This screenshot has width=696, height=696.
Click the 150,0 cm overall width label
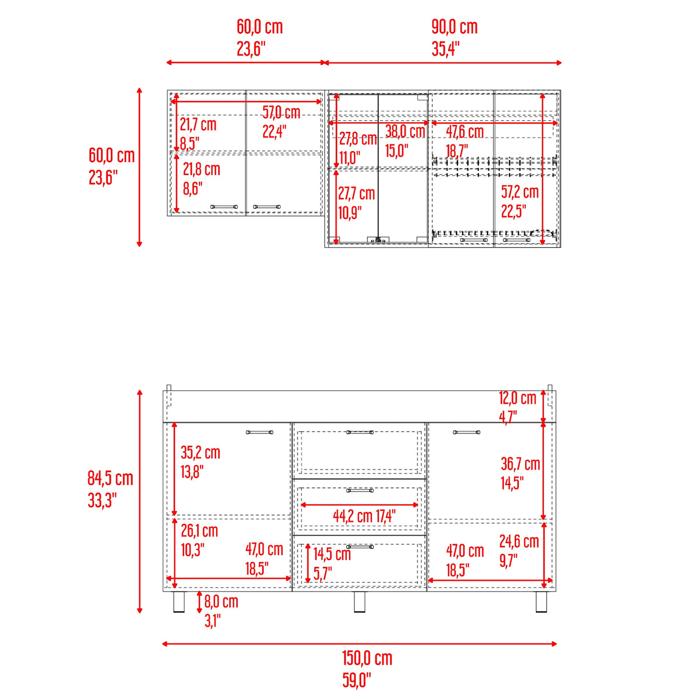[367, 658]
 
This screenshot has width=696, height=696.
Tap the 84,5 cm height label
[111, 478]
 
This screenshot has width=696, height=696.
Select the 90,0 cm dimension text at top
[455, 27]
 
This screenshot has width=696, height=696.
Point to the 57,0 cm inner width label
[281, 112]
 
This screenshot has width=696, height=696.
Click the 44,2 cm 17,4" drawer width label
[364, 516]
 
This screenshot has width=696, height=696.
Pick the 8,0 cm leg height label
[221, 601]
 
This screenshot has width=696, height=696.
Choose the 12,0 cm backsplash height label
[518, 398]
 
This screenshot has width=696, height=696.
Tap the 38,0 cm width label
[405, 131]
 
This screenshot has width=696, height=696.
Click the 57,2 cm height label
[520, 192]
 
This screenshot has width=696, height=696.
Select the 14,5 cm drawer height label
[332, 554]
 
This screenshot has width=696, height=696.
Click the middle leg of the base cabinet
[359, 602]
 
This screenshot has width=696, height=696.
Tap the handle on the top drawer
[360, 432]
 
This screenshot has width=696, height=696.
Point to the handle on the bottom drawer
[360, 547]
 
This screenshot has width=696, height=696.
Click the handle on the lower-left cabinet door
[260, 432]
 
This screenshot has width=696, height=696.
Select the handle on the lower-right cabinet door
[467, 432]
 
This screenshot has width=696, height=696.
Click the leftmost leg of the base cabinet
[179, 602]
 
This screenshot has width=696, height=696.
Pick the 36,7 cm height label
[520, 464]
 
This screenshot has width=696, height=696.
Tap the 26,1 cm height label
[200, 530]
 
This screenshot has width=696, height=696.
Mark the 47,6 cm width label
[464, 132]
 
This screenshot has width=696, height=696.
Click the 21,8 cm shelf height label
[201, 169]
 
